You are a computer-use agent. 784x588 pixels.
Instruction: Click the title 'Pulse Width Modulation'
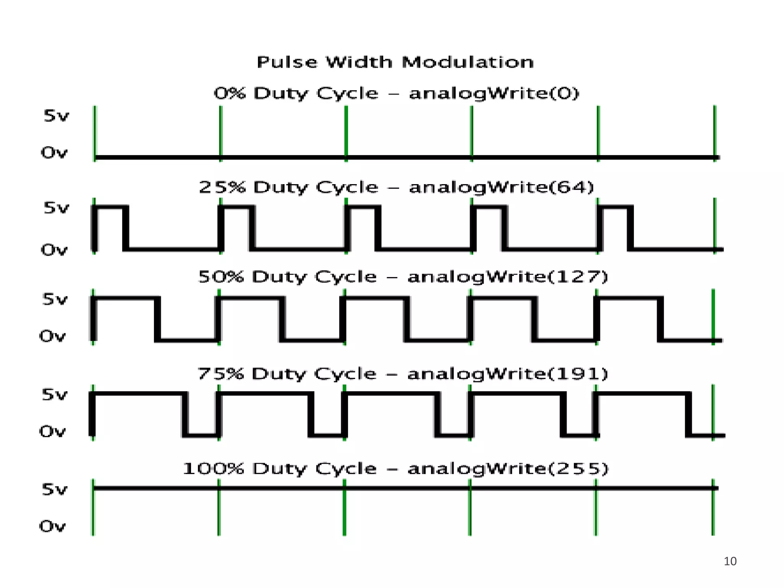(x=395, y=62)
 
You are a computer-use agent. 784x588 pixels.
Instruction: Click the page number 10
(x=730, y=561)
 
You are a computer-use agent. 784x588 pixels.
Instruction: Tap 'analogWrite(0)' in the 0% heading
(x=494, y=93)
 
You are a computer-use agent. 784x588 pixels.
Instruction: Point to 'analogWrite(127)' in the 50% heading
(x=508, y=277)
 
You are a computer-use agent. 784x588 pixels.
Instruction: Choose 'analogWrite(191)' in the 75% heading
(x=508, y=374)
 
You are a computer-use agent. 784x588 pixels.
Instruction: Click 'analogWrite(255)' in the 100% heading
(x=508, y=469)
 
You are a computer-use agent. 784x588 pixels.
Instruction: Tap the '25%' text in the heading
(x=222, y=187)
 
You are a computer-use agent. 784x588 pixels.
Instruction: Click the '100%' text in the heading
(x=213, y=469)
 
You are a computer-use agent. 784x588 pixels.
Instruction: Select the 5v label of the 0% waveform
(x=56, y=116)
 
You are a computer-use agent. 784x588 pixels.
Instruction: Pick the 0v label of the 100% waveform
(x=53, y=526)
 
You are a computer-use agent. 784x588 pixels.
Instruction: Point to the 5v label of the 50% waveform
(x=55, y=299)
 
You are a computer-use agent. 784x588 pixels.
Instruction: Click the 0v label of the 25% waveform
(x=54, y=250)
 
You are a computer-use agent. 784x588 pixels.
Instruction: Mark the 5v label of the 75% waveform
(x=54, y=394)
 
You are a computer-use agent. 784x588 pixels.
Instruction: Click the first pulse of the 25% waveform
(x=110, y=227)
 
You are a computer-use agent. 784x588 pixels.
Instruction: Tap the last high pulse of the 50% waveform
(x=628, y=318)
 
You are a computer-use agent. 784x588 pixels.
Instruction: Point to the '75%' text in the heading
(x=220, y=374)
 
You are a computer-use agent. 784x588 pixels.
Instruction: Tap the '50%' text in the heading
(x=221, y=277)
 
